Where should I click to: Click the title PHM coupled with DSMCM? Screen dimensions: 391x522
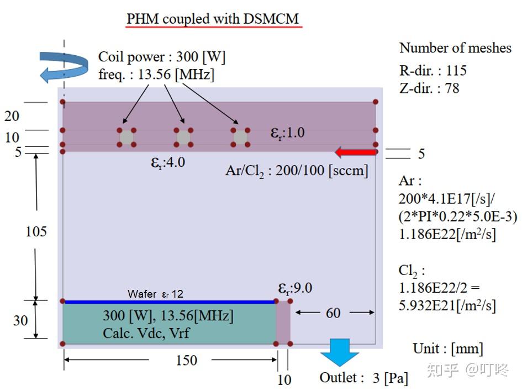click(213, 19)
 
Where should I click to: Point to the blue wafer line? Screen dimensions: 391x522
click(170, 302)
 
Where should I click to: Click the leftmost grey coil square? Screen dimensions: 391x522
click(126, 137)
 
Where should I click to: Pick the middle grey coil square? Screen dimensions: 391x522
click(183, 137)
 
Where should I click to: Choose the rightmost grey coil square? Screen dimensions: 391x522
click(240, 137)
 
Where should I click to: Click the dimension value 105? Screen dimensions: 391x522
click(36, 231)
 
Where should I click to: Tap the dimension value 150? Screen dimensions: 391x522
click(186, 360)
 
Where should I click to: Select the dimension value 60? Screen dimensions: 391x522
click(333, 313)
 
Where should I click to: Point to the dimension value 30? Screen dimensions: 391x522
click(20, 320)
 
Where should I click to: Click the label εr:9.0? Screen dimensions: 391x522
click(295, 288)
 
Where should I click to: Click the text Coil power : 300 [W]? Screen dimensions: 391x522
click(162, 57)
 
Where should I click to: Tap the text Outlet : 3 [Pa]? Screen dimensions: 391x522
click(364, 378)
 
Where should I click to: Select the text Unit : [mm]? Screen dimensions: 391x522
click(447, 348)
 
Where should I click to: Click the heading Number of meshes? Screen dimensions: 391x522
click(455, 48)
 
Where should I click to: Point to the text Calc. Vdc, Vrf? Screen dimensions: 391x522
click(146, 333)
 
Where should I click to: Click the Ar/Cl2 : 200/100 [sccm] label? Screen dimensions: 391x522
click(297, 170)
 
